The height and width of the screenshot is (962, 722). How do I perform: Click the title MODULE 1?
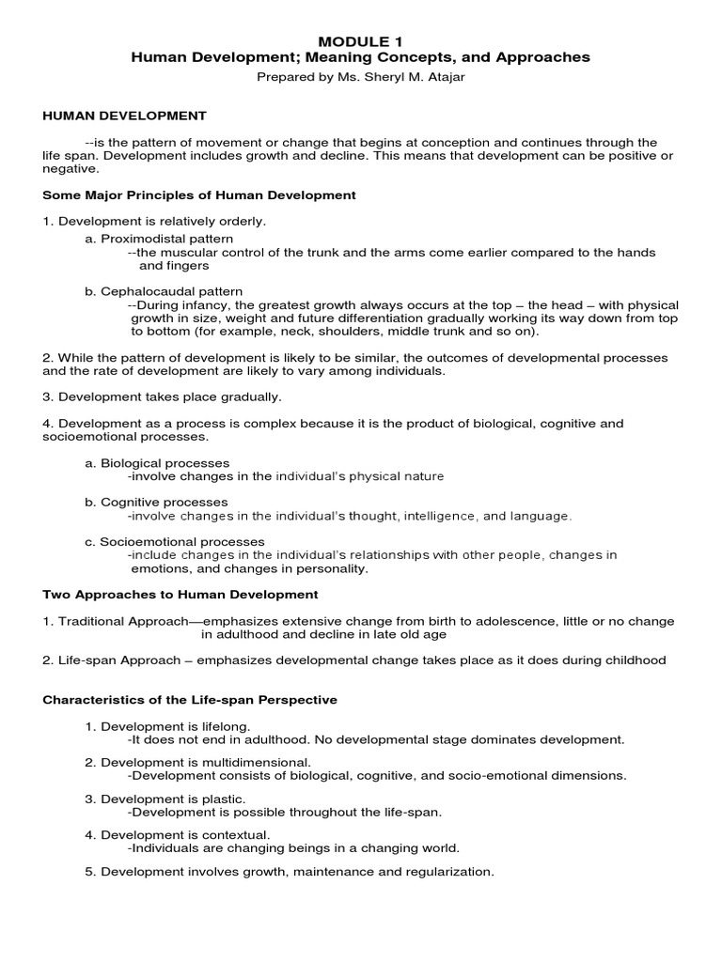(361, 41)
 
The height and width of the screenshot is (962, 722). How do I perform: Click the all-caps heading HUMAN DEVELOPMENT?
(125, 116)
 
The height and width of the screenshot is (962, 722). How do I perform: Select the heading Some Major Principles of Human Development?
(199, 195)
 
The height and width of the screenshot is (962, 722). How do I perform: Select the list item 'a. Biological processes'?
(157, 463)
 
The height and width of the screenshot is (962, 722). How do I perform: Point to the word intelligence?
(441, 516)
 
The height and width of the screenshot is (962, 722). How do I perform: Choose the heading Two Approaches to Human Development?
(180, 595)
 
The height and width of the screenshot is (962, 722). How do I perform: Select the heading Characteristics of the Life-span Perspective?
(190, 700)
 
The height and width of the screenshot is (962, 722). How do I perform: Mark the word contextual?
(237, 833)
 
